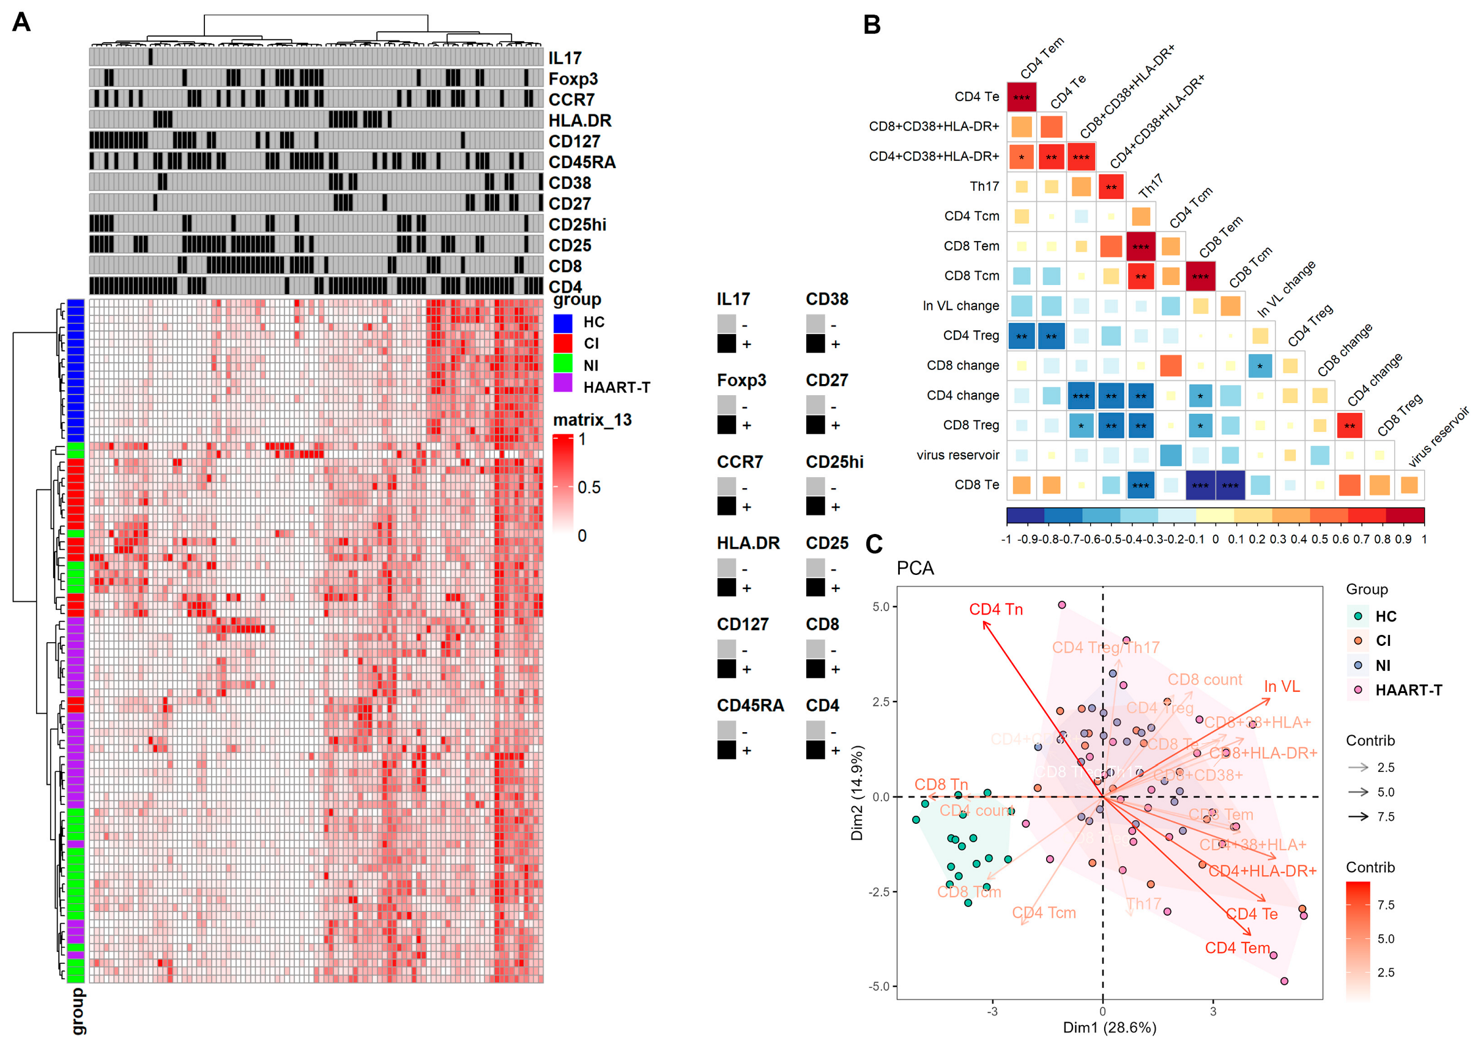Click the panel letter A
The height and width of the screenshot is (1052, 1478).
21,23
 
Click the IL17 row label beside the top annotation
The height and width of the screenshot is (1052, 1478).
565,58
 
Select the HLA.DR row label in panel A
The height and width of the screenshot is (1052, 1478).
579,120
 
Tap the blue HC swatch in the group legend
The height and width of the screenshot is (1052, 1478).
562,322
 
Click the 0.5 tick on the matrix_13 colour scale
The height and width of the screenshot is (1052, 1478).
589,487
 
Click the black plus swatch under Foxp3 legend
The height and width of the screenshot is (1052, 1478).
726,425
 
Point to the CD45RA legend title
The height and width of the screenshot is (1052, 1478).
749,705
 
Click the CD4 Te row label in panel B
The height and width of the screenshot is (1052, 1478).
976,97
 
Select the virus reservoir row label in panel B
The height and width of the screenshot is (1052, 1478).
957,454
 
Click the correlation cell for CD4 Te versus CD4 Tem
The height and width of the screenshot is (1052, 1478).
1021,97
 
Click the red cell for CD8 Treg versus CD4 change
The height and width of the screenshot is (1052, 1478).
1349,426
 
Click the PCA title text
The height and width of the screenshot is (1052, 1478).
915,568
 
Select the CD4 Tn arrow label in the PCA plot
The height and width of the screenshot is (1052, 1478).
995,610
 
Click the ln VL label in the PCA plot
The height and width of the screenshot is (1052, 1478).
1281,687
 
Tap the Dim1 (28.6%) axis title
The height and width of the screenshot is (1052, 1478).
1108,1028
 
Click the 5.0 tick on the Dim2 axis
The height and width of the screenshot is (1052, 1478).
880,607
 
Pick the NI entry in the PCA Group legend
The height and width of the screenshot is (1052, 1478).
1382,665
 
